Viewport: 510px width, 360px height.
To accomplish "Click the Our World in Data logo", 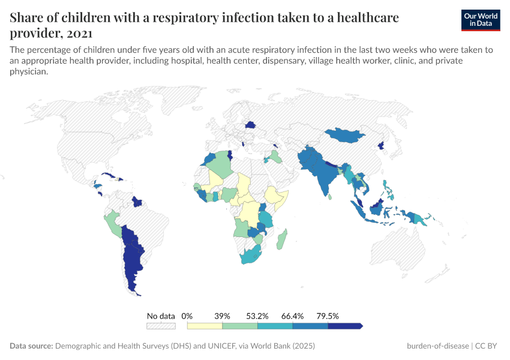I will [x=481, y=20].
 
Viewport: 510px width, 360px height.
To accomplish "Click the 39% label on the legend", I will [x=223, y=316].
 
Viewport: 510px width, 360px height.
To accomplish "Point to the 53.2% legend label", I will [x=257, y=316].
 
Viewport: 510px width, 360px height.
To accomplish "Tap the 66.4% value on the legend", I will [x=293, y=316].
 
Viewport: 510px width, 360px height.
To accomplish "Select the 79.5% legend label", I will [x=328, y=316].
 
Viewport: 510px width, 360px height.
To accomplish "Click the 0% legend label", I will [x=187, y=316].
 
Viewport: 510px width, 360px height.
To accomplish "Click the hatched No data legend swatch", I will [x=161, y=326].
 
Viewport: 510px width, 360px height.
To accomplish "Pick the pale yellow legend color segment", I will [x=205, y=326].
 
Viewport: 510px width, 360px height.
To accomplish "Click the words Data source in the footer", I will [x=31, y=346].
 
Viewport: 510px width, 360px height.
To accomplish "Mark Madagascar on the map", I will [x=281, y=239].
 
